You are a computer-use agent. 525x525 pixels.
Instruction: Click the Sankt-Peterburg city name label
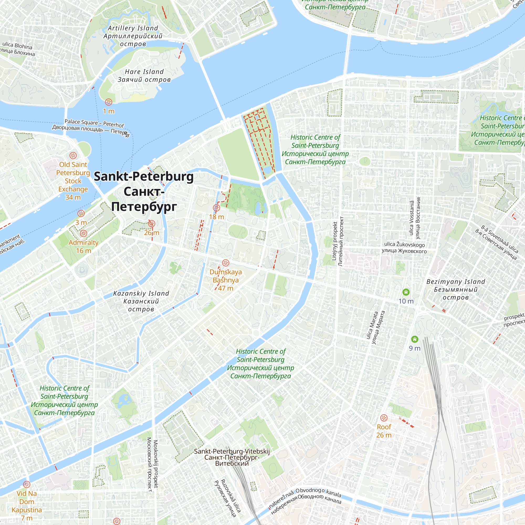pyautogui.click(x=144, y=191)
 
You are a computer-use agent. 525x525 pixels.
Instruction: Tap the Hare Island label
pyautogui.click(x=144, y=76)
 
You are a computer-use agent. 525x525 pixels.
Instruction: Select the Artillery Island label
pyautogui.click(x=133, y=36)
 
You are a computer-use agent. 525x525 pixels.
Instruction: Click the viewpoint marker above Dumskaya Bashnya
pyautogui.click(x=225, y=263)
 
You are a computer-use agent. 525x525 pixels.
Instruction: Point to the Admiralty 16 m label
pyautogui.click(x=83, y=246)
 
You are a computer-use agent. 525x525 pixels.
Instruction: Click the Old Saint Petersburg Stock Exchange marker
pyautogui.click(x=73, y=155)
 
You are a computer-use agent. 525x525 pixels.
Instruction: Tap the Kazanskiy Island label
pyautogui.click(x=141, y=301)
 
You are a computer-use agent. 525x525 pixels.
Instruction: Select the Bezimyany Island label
pyautogui.click(x=456, y=289)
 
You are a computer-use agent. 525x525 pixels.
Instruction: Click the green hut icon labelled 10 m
pyautogui.click(x=406, y=292)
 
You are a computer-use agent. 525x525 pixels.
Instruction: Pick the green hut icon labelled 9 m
pyautogui.click(x=415, y=339)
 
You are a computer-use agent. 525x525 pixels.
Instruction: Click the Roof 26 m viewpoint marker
pyautogui.click(x=384, y=418)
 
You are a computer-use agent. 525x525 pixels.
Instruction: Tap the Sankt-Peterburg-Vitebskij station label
pyautogui.click(x=232, y=457)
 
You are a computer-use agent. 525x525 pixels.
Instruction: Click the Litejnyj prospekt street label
pyautogui.click(x=338, y=241)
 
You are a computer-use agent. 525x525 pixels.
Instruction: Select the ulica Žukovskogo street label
pyautogui.click(x=404, y=248)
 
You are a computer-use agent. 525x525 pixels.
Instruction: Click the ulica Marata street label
pyautogui.click(x=376, y=328)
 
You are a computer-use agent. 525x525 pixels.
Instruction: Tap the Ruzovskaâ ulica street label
pyautogui.click(x=228, y=498)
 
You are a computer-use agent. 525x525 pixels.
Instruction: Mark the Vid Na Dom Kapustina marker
pyautogui.click(x=26, y=485)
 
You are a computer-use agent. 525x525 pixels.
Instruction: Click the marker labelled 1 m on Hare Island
pyautogui.click(x=108, y=102)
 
